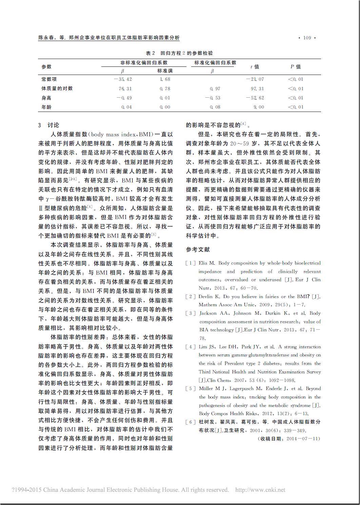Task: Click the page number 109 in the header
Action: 307,38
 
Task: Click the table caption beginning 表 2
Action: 179,53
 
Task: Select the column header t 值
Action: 255,67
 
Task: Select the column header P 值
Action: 295,67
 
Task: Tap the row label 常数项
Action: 49,79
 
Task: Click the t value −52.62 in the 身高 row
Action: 255,98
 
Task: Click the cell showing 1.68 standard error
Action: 165,79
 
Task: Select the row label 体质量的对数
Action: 57,89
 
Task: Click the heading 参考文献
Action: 198,250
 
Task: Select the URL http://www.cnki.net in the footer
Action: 260,490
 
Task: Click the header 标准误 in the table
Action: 165,71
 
